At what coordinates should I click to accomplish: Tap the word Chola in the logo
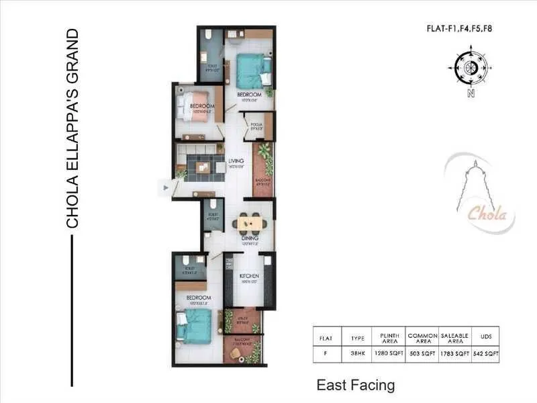point(487,214)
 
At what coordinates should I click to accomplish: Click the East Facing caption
point(355,386)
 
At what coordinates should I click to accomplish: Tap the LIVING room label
point(236,161)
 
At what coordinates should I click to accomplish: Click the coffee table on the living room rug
point(203,166)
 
